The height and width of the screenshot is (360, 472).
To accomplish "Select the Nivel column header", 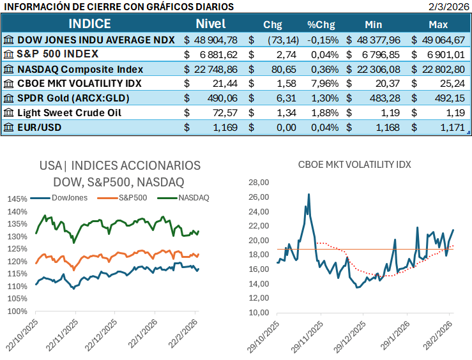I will point(210,24).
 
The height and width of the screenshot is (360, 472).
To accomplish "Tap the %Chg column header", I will point(321,25).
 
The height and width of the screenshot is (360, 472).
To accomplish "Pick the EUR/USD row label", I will point(39,128).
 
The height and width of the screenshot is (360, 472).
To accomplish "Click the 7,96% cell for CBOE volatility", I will point(322,84).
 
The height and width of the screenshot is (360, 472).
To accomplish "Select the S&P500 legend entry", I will point(128,197).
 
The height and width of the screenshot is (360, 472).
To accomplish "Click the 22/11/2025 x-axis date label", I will point(61,332).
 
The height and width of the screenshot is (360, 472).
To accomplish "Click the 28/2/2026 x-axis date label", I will point(438,332).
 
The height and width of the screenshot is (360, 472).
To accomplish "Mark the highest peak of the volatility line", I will point(309,194).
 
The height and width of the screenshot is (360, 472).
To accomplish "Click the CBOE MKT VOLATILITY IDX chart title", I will point(354,164).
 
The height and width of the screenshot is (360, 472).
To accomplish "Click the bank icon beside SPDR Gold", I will point(8,98).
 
